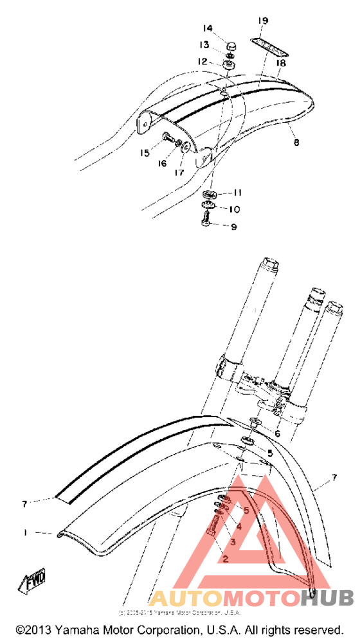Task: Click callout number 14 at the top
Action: point(208,28)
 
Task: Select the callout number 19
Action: point(262,21)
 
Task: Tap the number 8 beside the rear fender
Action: point(296,142)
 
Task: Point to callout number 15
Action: point(145,153)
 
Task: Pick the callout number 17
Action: point(177,172)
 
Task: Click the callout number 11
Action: point(237,192)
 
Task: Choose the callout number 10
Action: point(233,209)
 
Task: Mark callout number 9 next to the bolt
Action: point(234,226)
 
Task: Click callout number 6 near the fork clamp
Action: point(277,433)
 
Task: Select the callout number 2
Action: point(225,559)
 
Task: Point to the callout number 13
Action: point(204,45)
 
